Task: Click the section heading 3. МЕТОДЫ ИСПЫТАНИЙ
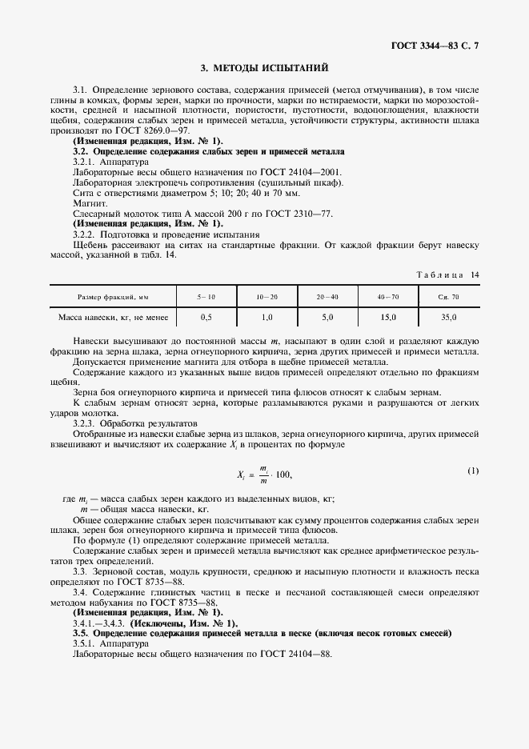(x=264, y=69)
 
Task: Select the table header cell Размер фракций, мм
(x=113, y=296)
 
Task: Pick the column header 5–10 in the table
(x=206, y=296)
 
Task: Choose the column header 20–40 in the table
(x=327, y=296)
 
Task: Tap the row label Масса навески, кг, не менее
(x=113, y=318)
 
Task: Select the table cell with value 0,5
(x=206, y=318)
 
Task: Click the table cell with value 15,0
(x=388, y=318)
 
